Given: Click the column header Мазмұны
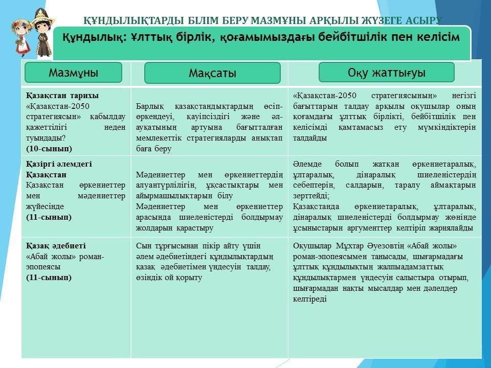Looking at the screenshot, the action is [73, 73].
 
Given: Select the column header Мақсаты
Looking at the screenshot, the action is [212, 73].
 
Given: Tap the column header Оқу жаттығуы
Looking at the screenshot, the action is [387, 72].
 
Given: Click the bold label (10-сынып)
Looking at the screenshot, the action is [49, 149].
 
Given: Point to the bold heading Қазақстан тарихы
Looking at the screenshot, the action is [62, 96].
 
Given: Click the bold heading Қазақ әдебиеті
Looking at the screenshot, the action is [56, 246].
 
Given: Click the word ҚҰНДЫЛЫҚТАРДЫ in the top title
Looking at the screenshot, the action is [133, 20].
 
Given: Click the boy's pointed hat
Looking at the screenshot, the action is [40, 16].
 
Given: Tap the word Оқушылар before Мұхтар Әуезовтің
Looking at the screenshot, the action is [312, 246].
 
